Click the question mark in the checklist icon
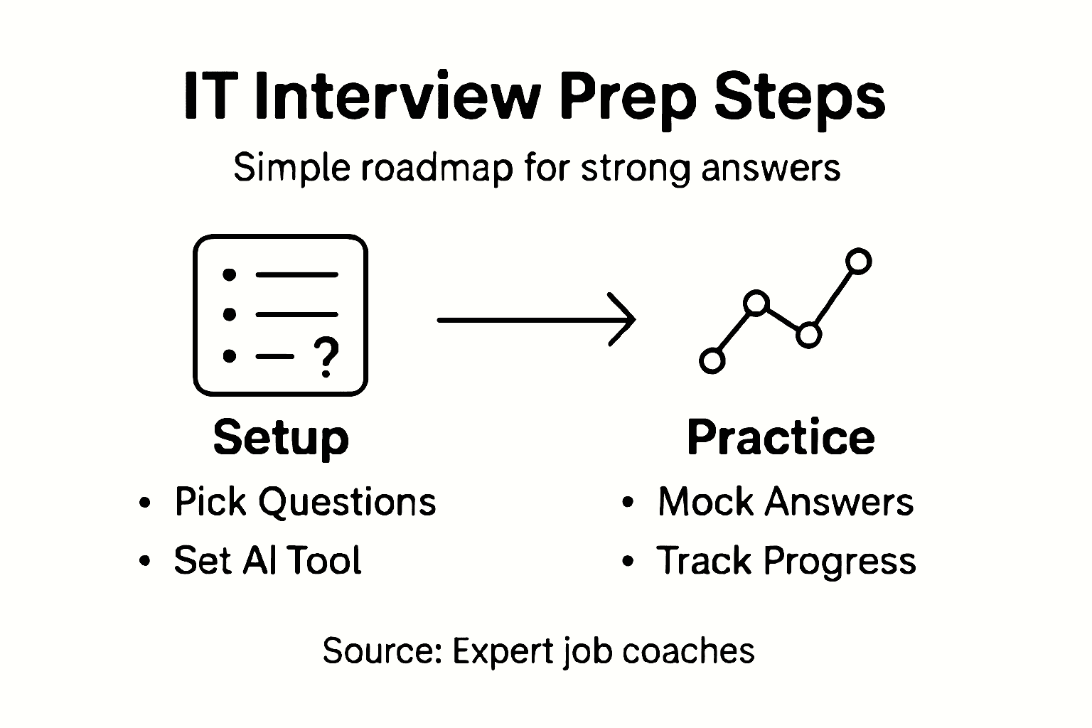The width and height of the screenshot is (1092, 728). tap(326, 357)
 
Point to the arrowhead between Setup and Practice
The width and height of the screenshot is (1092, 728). tap(625, 320)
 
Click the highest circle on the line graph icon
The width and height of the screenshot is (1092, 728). tap(859, 261)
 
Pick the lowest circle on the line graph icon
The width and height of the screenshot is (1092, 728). tap(712, 360)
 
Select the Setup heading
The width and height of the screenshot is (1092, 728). tap(281, 437)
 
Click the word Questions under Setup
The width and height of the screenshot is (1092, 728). tap(347, 502)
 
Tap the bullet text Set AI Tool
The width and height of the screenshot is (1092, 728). tap(267, 560)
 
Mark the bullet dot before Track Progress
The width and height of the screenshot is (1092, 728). tap(627, 562)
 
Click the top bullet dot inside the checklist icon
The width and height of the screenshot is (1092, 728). tap(229, 274)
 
